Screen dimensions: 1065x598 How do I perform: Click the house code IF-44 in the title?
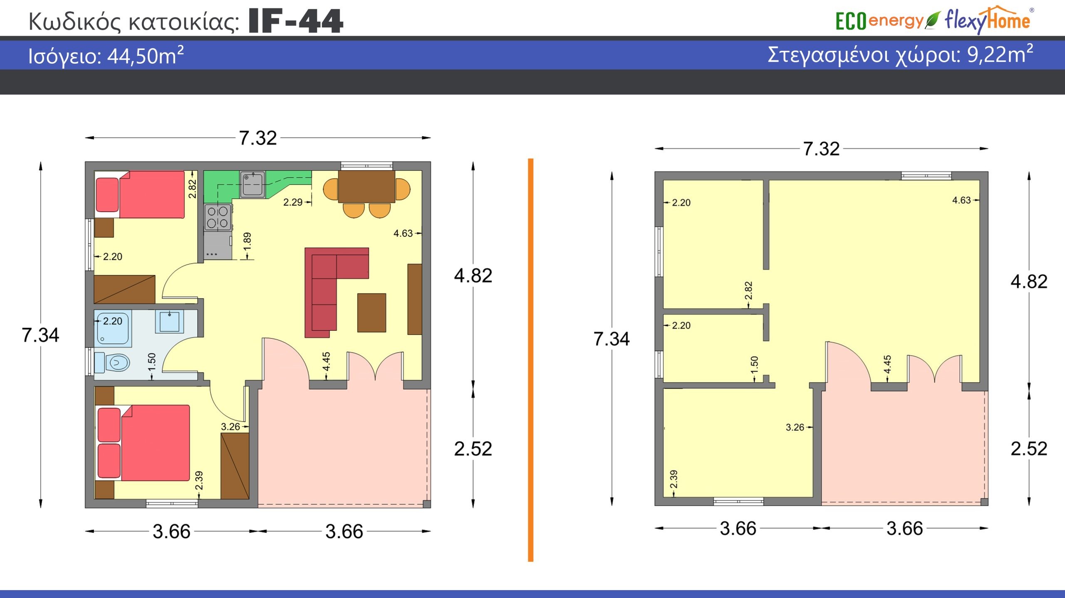point(296,21)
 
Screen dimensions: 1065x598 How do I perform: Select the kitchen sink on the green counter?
point(253,184)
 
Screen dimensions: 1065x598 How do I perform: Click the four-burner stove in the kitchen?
point(218,217)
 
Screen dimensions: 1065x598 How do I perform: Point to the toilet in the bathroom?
point(112,362)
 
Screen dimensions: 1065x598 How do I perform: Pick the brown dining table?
point(367,186)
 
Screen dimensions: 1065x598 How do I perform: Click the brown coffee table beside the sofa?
point(372,313)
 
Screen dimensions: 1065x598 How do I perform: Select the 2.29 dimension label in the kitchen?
point(293,202)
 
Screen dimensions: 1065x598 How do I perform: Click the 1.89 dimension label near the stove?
point(247,242)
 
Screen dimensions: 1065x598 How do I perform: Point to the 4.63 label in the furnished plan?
point(403,233)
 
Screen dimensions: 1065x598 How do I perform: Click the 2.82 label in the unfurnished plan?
point(748,291)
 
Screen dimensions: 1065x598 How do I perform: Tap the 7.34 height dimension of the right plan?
point(611,339)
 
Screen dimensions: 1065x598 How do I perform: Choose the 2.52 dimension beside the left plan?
point(473,449)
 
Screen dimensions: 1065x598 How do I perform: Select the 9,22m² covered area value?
point(1000,54)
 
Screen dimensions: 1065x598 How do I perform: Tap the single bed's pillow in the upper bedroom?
point(107,195)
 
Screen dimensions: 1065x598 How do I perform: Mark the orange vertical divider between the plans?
point(530,360)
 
